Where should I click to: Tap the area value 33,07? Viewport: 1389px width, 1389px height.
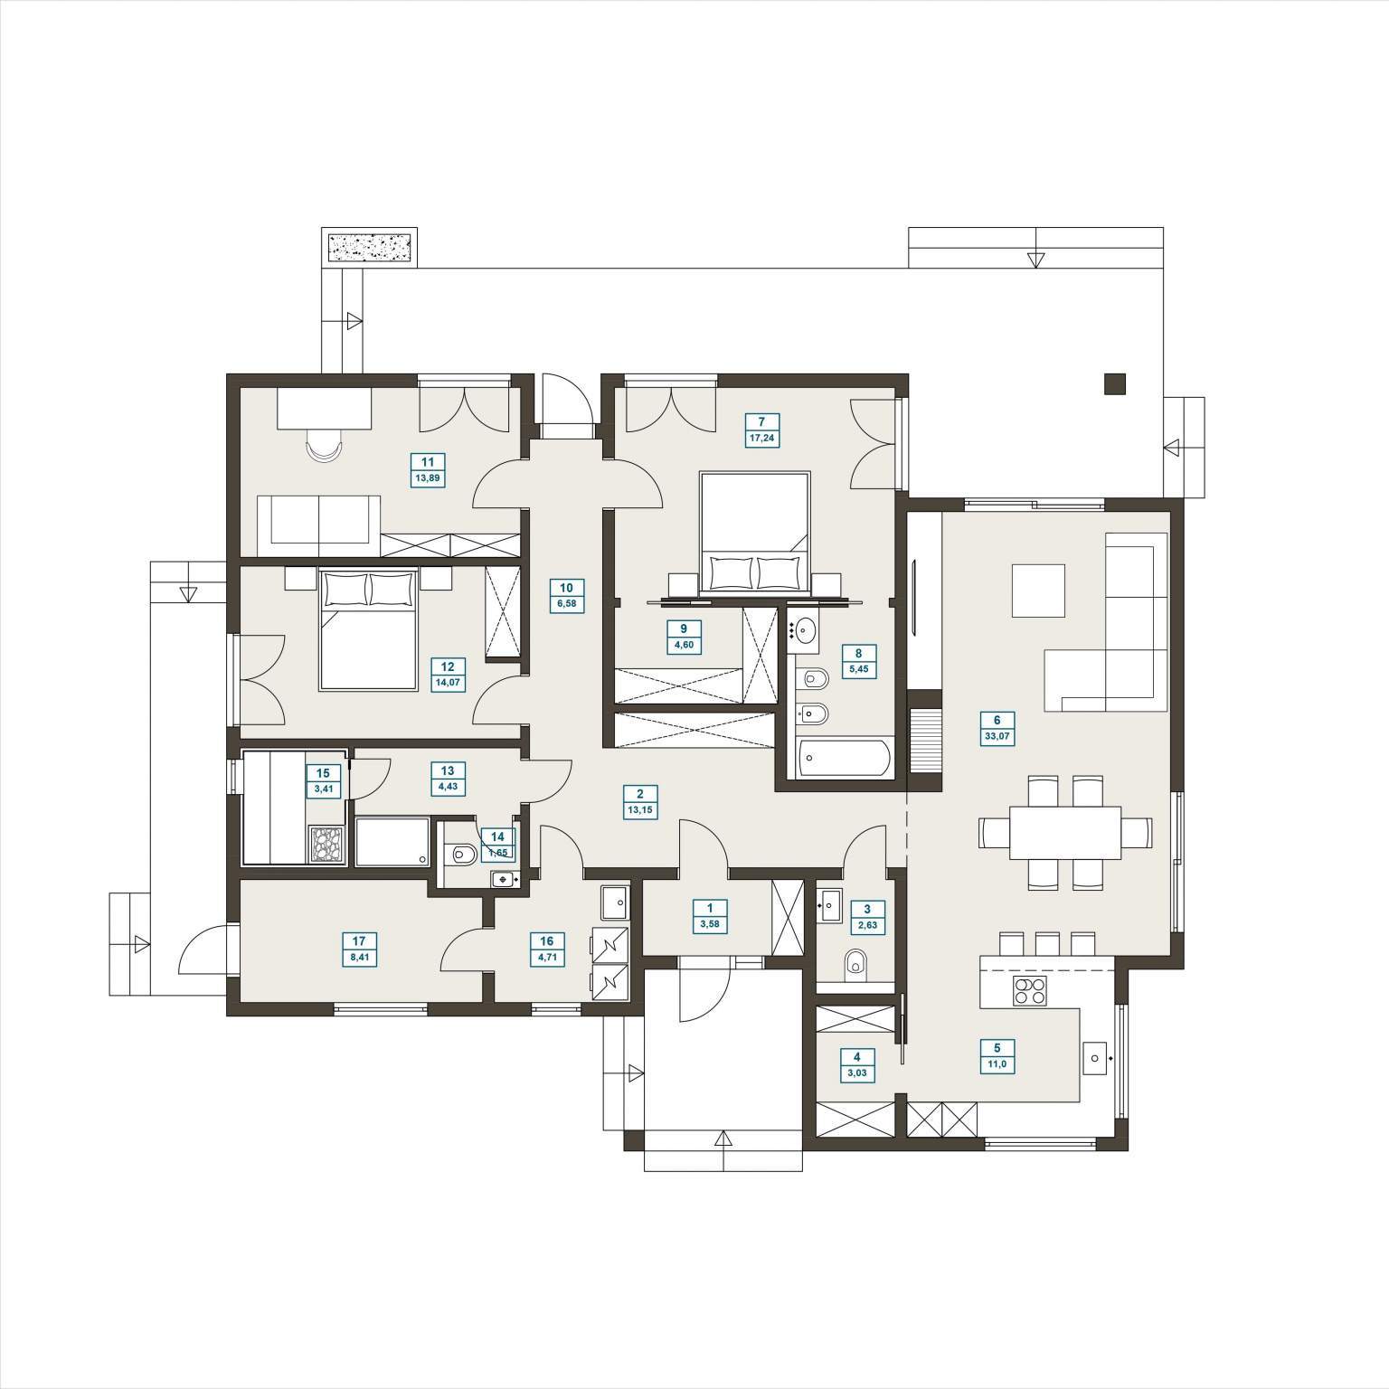997,736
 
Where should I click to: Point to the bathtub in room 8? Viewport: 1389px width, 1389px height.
843,757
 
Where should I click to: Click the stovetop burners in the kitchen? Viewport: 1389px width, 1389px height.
1030,992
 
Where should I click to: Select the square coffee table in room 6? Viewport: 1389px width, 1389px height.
1038,591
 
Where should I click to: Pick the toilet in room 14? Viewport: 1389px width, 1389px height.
462,851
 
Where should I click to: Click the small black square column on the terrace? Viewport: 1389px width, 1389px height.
1115,384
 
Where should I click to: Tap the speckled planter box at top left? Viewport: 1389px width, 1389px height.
370,247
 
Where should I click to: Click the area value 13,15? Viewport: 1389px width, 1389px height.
640,810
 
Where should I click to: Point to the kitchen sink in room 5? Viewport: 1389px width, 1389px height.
1096,1055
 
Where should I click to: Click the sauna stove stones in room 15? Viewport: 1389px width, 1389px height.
327,844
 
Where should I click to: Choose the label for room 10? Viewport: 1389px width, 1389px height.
566,595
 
